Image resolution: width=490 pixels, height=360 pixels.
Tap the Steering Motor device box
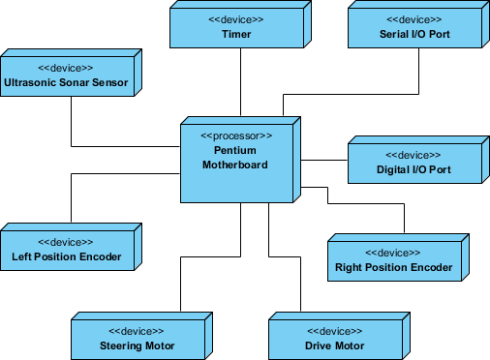[137, 338]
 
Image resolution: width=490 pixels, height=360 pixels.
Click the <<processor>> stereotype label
[236, 135]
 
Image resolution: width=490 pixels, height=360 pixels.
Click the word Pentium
[235, 150]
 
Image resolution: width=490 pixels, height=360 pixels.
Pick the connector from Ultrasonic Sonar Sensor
[72, 121]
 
